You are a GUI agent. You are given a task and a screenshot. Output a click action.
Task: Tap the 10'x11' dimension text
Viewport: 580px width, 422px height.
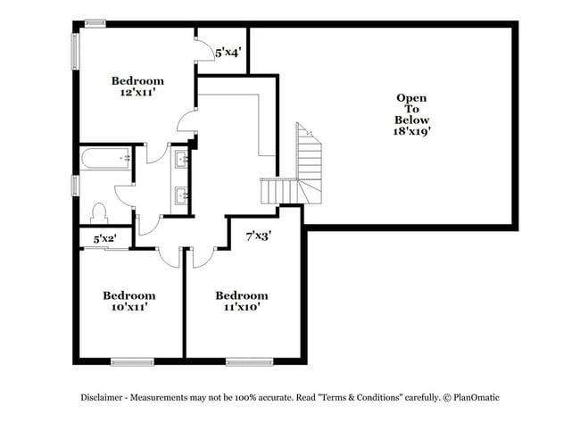click(128, 307)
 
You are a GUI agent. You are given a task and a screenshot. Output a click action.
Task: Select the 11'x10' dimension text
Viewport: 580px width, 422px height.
click(241, 307)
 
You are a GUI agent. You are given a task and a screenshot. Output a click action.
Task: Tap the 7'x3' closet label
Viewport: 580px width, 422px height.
click(258, 237)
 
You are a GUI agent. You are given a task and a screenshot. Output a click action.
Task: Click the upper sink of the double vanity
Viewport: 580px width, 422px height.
click(182, 160)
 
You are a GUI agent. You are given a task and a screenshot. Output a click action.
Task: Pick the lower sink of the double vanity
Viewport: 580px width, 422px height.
click(182, 194)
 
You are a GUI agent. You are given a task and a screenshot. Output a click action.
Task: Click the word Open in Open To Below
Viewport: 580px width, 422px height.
click(411, 98)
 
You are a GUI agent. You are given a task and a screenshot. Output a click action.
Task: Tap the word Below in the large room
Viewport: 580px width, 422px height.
click(411, 120)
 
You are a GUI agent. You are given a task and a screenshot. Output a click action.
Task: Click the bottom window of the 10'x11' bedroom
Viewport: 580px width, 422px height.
click(132, 361)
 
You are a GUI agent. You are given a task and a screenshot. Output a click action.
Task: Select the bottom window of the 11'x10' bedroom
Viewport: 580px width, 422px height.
click(249, 361)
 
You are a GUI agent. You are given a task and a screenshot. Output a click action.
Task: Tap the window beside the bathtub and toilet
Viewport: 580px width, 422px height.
click(76, 185)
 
